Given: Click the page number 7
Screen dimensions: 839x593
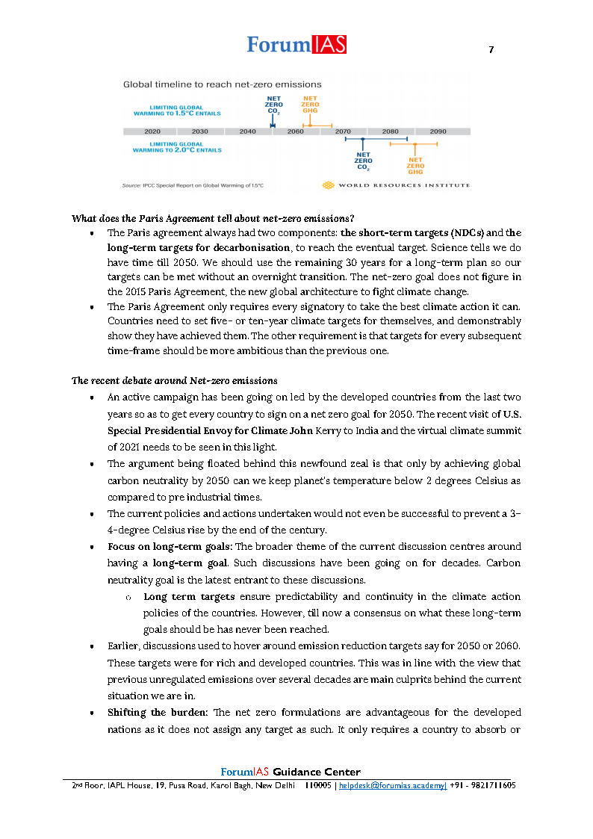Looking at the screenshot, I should pos(491,50).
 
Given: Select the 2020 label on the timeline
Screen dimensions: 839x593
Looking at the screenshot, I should pos(152,131).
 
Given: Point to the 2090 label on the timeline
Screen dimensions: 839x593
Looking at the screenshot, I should pos(438,131).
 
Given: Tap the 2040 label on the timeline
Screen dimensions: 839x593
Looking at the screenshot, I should pos(247,131).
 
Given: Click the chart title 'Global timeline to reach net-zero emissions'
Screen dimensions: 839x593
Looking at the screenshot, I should pos(222,84).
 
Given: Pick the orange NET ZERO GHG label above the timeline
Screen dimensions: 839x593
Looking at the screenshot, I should pos(310,105).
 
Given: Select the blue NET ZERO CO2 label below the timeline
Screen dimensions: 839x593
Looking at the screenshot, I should pos(363,161).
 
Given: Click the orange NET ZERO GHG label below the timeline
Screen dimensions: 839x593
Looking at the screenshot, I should pos(415,165).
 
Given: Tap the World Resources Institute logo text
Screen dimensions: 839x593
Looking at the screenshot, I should pos(403,185).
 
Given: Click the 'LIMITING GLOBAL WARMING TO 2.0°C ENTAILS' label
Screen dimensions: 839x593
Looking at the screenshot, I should pos(177,146).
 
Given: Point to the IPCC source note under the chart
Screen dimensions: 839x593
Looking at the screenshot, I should pos(192,185).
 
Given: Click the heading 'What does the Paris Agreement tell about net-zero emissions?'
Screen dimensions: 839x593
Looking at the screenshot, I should pos(212,219).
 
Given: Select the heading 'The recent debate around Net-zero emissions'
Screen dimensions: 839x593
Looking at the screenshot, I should pos(174,381).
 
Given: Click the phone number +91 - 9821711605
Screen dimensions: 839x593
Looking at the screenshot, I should pos(483,786).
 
